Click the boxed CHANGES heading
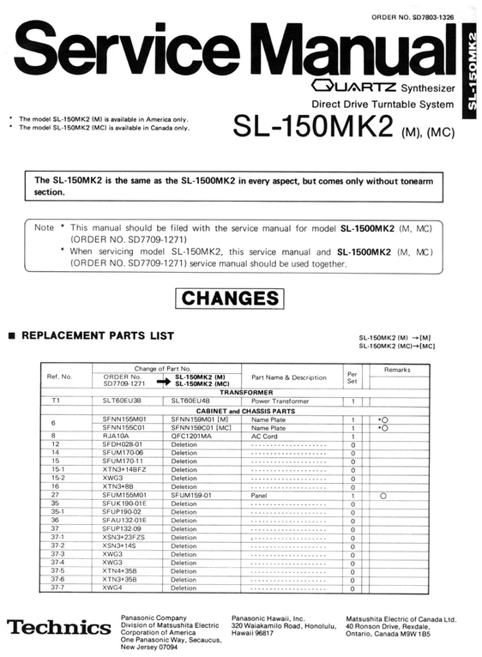point(232,298)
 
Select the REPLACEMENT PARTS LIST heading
point(97,335)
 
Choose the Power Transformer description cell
point(279,401)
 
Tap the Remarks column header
point(397,370)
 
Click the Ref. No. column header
point(60,377)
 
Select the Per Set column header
point(352,377)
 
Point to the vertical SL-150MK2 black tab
point(470,70)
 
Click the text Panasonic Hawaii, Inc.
point(268,618)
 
